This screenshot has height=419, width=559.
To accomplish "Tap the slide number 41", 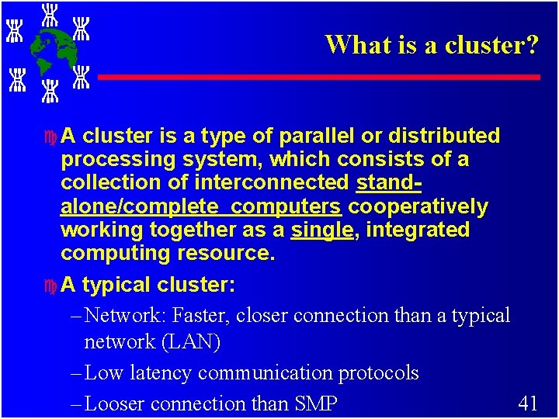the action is [x=528, y=402].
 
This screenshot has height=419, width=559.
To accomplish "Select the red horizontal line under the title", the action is [x=318, y=78].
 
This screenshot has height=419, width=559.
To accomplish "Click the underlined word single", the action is [x=321, y=230].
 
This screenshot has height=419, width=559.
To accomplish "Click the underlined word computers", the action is [x=286, y=207].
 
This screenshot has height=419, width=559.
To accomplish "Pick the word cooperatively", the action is [x=418, y=207].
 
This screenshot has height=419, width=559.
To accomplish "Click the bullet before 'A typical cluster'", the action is [x=50, y=286].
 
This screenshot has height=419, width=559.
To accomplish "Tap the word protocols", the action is [x=378, y=373].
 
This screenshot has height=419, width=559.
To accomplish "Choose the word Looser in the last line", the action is [x=115, y=403].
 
